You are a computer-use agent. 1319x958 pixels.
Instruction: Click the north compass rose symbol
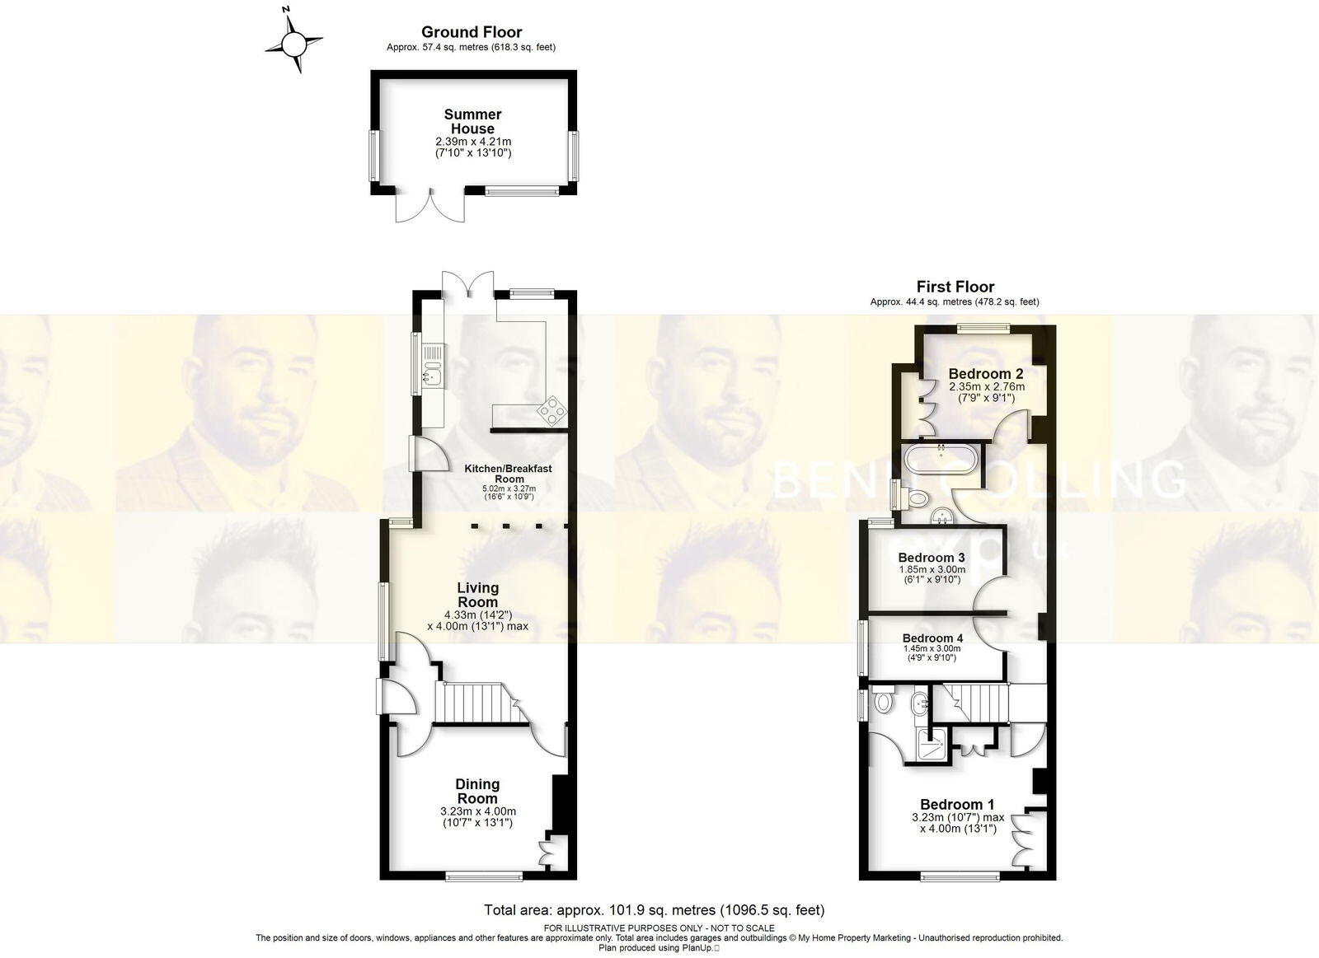[x=293, y=40]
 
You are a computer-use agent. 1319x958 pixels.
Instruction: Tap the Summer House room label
[x=472, y=121]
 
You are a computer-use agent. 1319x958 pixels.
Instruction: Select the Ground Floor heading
[x=472, y=32]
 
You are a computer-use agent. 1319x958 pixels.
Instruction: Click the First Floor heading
[x=955, y=287]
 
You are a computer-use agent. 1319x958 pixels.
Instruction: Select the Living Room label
[x=478, y=595]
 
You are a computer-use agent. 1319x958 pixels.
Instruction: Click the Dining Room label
[x=478, y=791]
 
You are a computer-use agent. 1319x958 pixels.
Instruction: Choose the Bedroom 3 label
[x=932, y=558]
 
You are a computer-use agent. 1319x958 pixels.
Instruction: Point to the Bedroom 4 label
[x=932, y=638]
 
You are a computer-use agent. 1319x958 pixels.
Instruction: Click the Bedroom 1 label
[x=957, y=804]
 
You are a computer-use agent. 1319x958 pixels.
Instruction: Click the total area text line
[x=654, y=910]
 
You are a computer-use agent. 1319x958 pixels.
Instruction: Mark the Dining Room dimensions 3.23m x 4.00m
[x=478, y=811]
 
